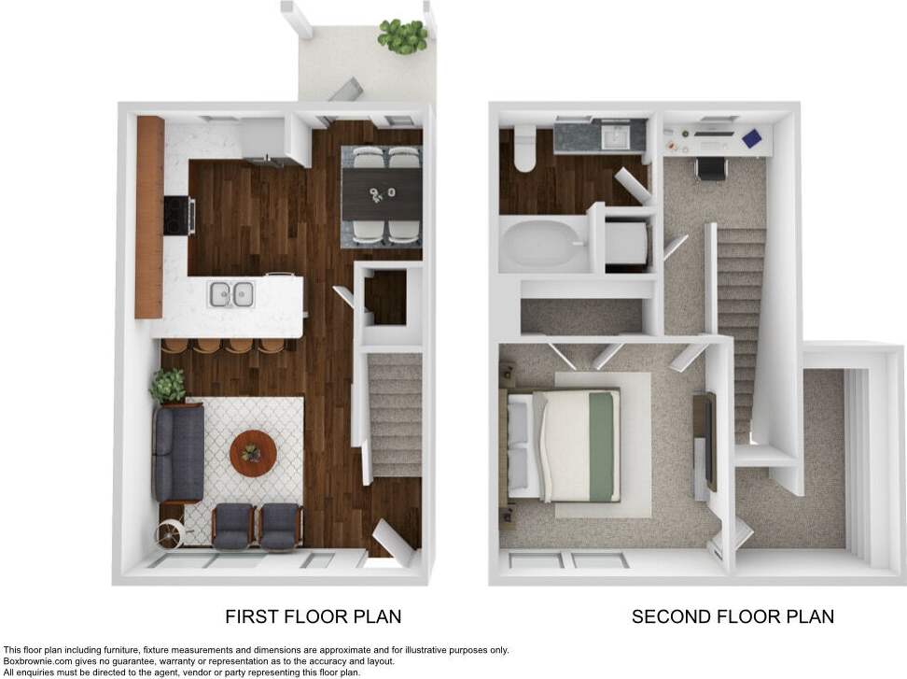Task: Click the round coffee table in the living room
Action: [x=253, y=452]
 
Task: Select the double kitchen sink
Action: [x=231, y=294]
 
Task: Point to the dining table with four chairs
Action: [x=382, y=195]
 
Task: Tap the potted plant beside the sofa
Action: [x=169, y=385]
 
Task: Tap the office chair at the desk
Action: [x=709, y=168]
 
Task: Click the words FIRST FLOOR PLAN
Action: [x=314, y=616]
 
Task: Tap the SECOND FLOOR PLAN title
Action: [x=733, y=616]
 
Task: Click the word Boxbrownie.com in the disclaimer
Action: [x=36, y=661]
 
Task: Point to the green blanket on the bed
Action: [x=601, y=445]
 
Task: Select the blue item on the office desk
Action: [x=752, y=138]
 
